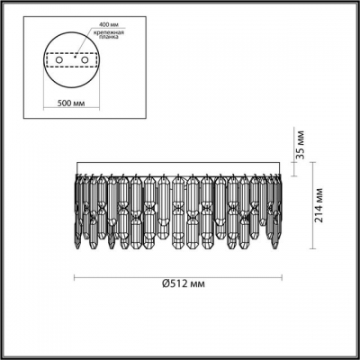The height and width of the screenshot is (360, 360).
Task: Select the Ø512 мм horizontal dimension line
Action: (x=180, y=274)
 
